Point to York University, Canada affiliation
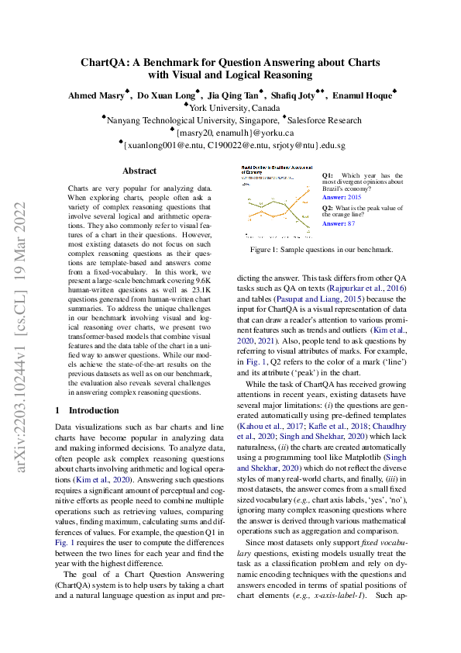(x=234, y=109)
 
